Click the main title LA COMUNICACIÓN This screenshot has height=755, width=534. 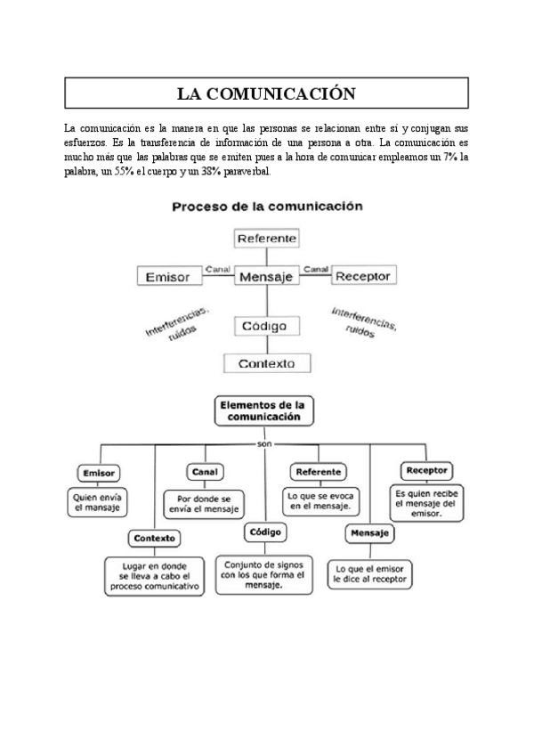click(266, 93)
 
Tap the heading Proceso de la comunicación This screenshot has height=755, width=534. click(267, 206)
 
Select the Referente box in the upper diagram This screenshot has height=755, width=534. click(267, 239)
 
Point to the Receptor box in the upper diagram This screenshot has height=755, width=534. click(362, 276)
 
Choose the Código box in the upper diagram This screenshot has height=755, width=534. click(263, 327)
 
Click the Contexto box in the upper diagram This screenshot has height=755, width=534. click(266, 363)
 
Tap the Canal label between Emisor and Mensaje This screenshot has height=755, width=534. click(217, 268)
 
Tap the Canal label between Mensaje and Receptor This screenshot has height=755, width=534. click(315, 268)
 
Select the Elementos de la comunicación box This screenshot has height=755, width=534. click(264, 410)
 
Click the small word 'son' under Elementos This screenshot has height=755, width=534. click(264, 442)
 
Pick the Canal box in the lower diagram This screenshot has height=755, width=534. click(204, 471)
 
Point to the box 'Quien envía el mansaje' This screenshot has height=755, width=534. click(97, 503)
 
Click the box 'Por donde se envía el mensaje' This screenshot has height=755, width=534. click(204, 504)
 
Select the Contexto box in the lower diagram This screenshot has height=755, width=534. click(154, 538)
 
